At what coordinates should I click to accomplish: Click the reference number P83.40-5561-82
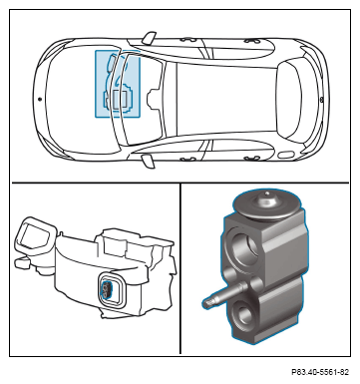click(x=320, y=372)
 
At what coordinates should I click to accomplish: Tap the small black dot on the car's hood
click(x=40, y=99)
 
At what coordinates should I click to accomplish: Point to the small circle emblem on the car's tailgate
click(x=321, y=100)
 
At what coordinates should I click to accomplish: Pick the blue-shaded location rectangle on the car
click(x=118, y=84)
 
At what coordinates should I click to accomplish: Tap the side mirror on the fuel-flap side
click(x=149, y=161)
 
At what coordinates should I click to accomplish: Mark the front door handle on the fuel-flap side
click(x=188, y=159)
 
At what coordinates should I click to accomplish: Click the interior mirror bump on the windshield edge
click(x=153, y=99)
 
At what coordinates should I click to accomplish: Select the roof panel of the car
click(x=226, y=99)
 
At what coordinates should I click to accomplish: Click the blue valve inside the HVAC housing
click(x=106, y=288)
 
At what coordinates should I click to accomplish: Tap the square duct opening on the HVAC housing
click(x=35, y=236)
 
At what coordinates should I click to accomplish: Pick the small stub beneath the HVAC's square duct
click(x=22, y=262)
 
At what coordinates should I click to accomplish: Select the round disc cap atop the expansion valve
click(x=266, y=206)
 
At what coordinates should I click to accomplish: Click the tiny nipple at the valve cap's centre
click(x=266, y=193)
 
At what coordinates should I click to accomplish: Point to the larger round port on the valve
click(x=245, y=245)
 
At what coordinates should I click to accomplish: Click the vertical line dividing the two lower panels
click(x=180, y=268)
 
